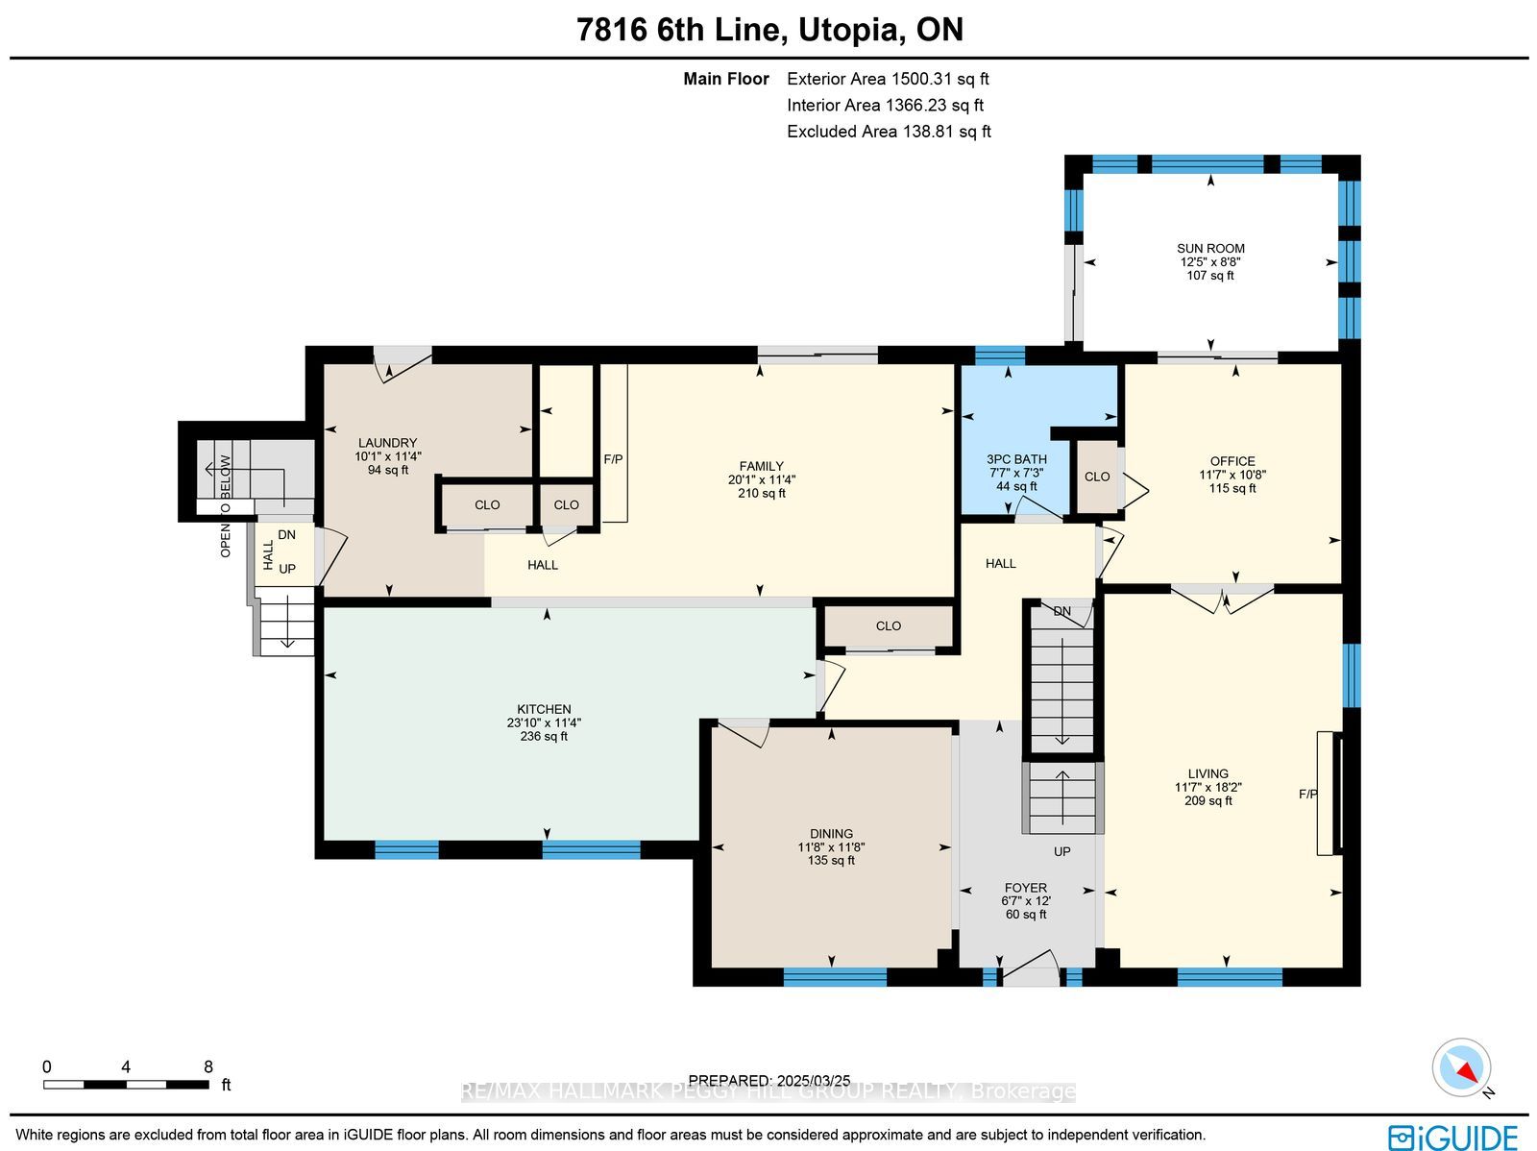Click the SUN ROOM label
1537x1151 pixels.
[x=1210, y=249]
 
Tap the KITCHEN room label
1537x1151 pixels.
[x=544, y=709]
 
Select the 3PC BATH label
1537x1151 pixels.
[x=1016, y=459]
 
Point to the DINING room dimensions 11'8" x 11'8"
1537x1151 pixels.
[x=831, y=847]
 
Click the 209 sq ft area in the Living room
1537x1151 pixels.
[x=1208, y=801]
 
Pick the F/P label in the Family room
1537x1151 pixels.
[x=614, y=459]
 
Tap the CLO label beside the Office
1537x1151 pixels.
[x=1097, y=477]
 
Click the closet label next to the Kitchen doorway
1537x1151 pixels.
[x=889, y=625]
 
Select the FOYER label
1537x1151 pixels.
[x=1026, y=888]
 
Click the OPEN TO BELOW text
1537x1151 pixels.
[x=226, y=506]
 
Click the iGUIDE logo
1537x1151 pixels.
[x=1452, y=1137]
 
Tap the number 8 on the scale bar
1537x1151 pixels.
[x=207, y=1067]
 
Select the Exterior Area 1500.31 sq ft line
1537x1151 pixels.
[x=888, y=79]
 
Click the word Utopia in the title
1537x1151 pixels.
[x=847, y=30]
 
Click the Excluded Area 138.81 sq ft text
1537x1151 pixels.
[x=889, y=132]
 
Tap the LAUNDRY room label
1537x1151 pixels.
[x=387, y=443]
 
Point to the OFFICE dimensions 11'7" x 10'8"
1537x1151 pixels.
[x=1232, y=475]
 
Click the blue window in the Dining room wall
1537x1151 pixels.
[x=835, y=977]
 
